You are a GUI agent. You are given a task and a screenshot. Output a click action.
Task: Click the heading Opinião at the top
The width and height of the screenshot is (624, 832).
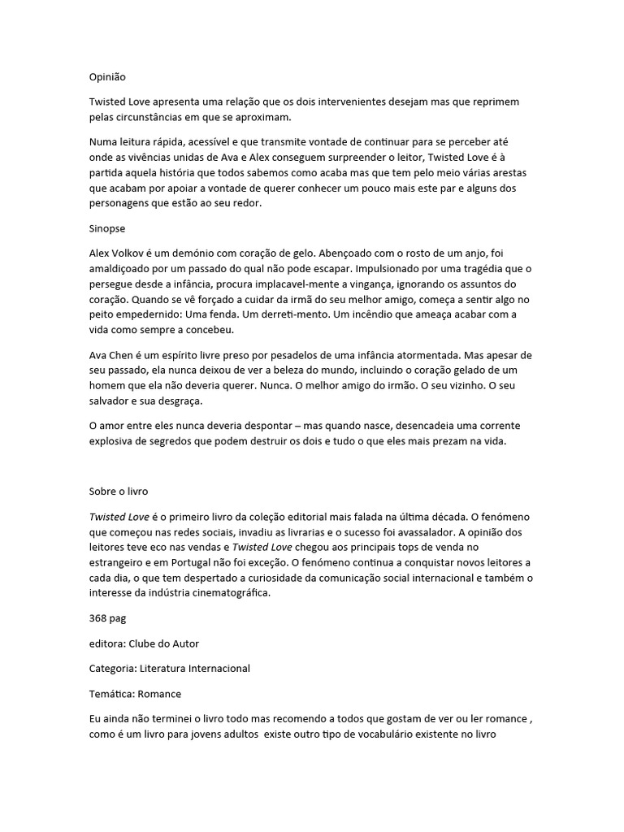pos(107,77)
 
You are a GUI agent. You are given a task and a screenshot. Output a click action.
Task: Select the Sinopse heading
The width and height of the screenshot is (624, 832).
pos(108,228)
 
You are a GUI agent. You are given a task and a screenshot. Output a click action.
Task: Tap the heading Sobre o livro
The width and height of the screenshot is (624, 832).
pos(119,492)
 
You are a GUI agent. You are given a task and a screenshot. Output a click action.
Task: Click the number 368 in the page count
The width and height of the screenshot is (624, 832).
pos(98,618)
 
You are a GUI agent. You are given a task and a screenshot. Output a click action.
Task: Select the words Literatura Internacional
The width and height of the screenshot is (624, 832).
pos(195,669)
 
